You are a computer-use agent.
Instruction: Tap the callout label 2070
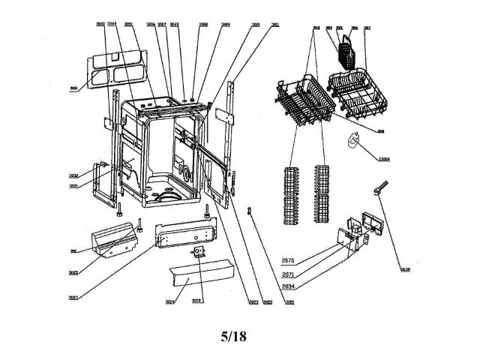tap(288, 260)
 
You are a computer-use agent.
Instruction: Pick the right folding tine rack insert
tap(322, 193)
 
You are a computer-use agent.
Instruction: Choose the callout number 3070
tap(196, 301)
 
